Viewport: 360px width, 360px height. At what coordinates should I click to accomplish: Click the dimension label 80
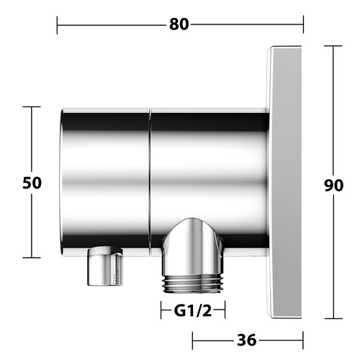pos(179,24)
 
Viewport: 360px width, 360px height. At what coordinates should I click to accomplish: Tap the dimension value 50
pos(32,183)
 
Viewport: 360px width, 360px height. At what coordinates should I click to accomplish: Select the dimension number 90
pos(333,185)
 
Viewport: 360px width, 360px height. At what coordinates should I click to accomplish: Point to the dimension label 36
pos(247,340)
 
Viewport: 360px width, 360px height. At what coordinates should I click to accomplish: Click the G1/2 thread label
pos(193,311)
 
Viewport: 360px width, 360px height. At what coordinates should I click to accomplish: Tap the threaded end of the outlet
pos(194,284)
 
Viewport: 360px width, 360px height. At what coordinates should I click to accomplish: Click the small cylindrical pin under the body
pos(105,266)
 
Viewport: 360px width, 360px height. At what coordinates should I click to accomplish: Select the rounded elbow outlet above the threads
pos(193,246)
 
